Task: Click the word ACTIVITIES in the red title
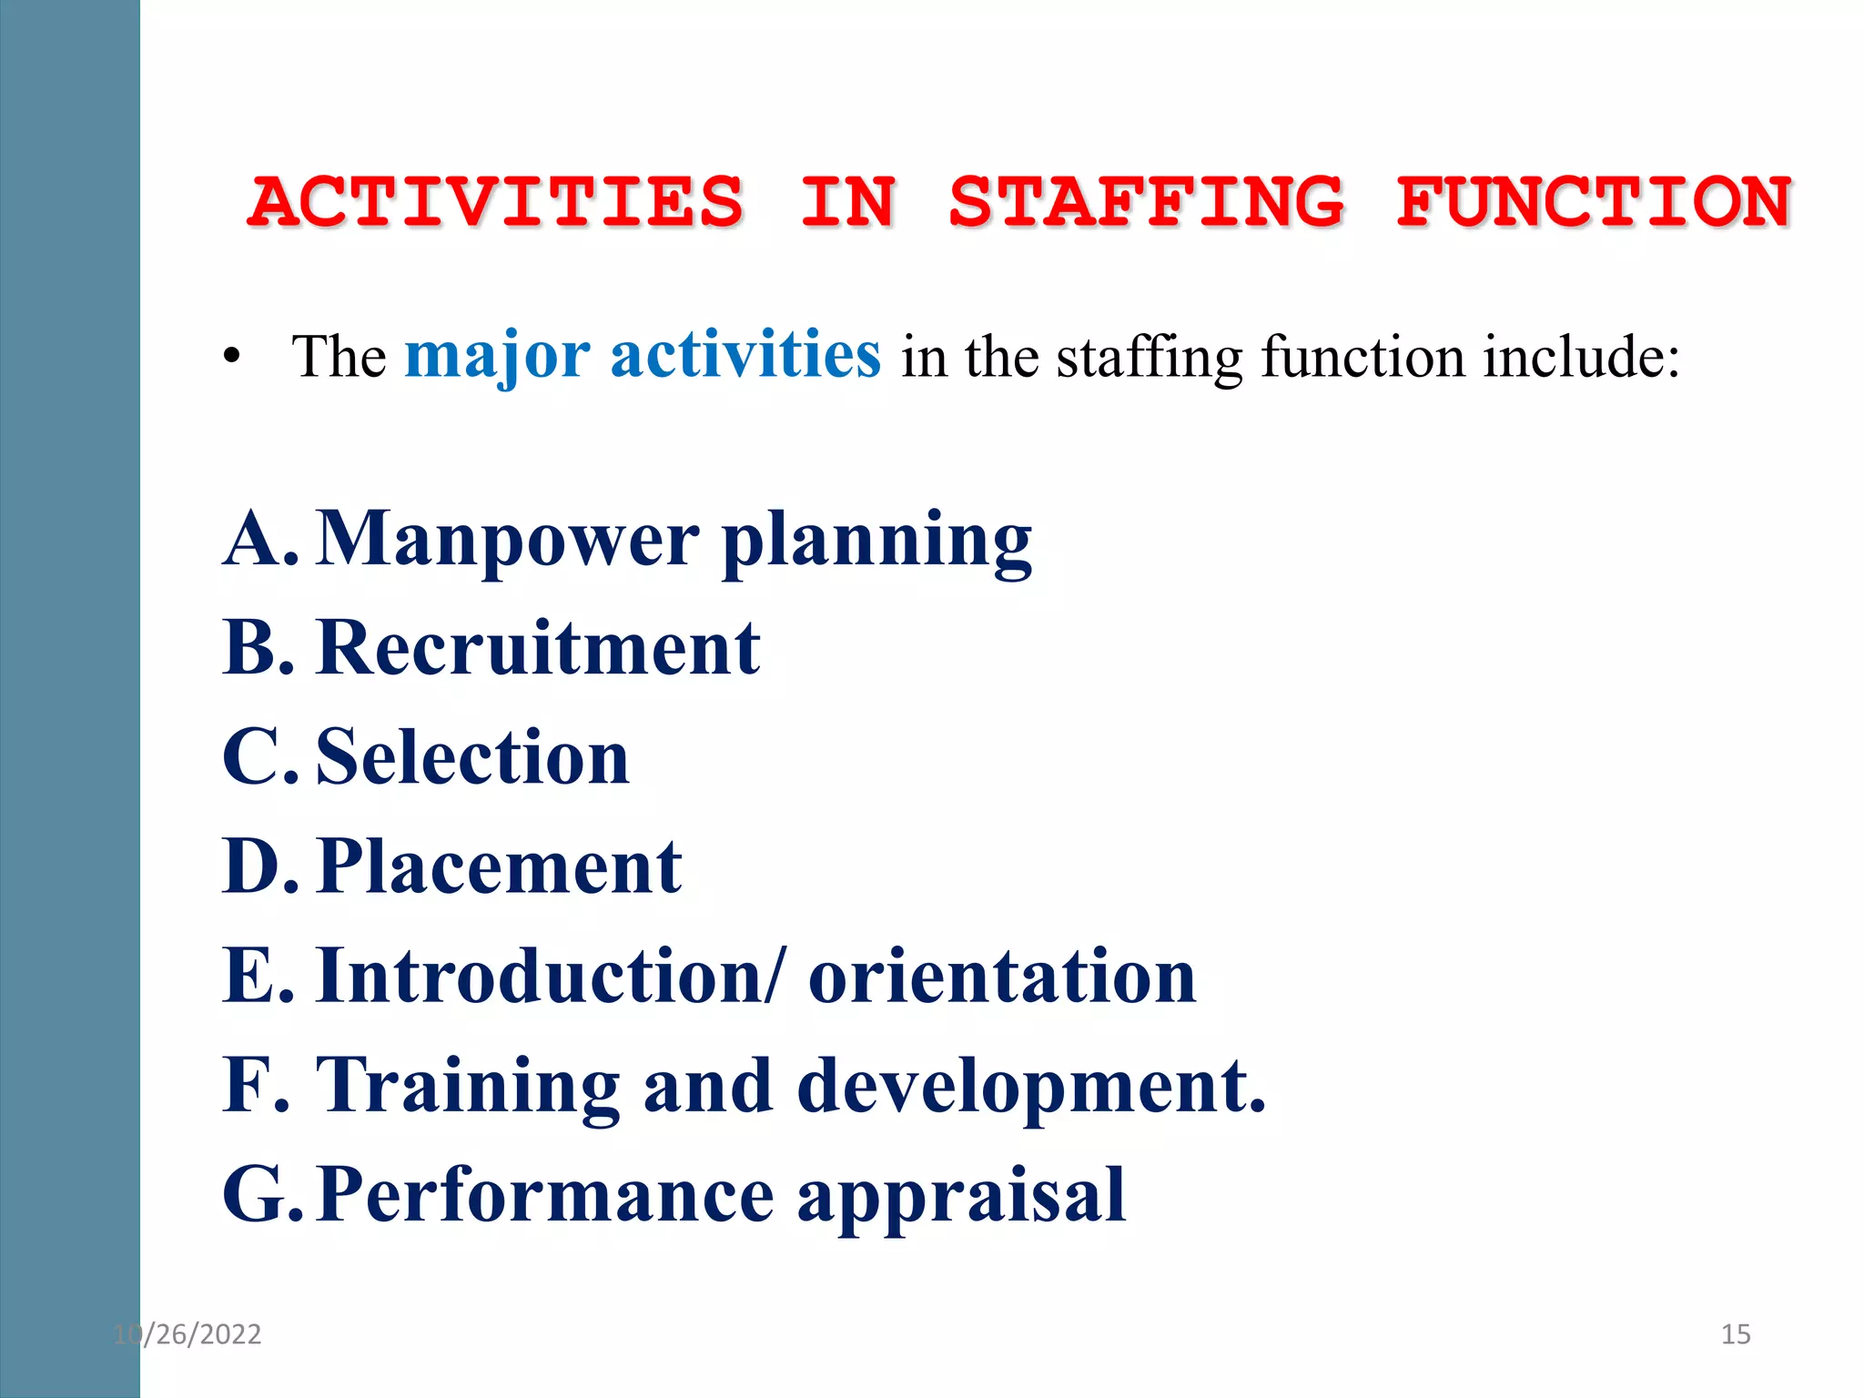click(496, 202)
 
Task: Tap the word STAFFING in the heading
click(1146, 202)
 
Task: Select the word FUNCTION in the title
click(1594, 202)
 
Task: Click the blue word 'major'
click(497, 356)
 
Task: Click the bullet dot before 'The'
click(232, 357)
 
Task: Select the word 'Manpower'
click(509, 539)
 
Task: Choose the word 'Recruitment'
click(538, 648)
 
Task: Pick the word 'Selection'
click(472, 757)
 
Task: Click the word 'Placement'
click(500, 866)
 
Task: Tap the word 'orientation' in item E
click(1002, 976)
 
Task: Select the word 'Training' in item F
click(468, 1087)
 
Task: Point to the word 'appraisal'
click(961, 1197)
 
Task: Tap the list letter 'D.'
click(260, 866)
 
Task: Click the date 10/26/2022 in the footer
click(187, 1334)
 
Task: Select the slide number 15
click(1736, 1334)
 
